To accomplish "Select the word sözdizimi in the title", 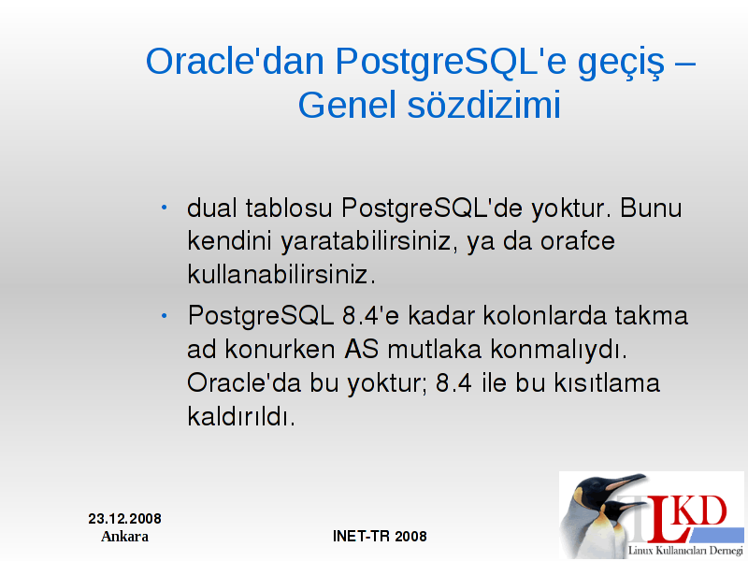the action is [484, 105].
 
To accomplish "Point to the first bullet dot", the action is [165, 208].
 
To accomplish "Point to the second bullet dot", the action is [165, 315].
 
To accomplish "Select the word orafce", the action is [578, 240].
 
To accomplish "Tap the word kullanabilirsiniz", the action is [281, 274].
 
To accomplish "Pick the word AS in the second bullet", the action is [362, 349].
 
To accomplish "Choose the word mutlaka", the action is [434, 349].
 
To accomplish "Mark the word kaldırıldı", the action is [241, 416].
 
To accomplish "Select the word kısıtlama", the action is [607, 382].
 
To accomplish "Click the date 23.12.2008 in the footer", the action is [125, 519].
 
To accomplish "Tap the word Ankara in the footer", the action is [125, 537].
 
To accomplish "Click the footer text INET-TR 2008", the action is [380, 536].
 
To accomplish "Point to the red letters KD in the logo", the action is [702, 511].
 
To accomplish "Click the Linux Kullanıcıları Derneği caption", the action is [685, 550].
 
